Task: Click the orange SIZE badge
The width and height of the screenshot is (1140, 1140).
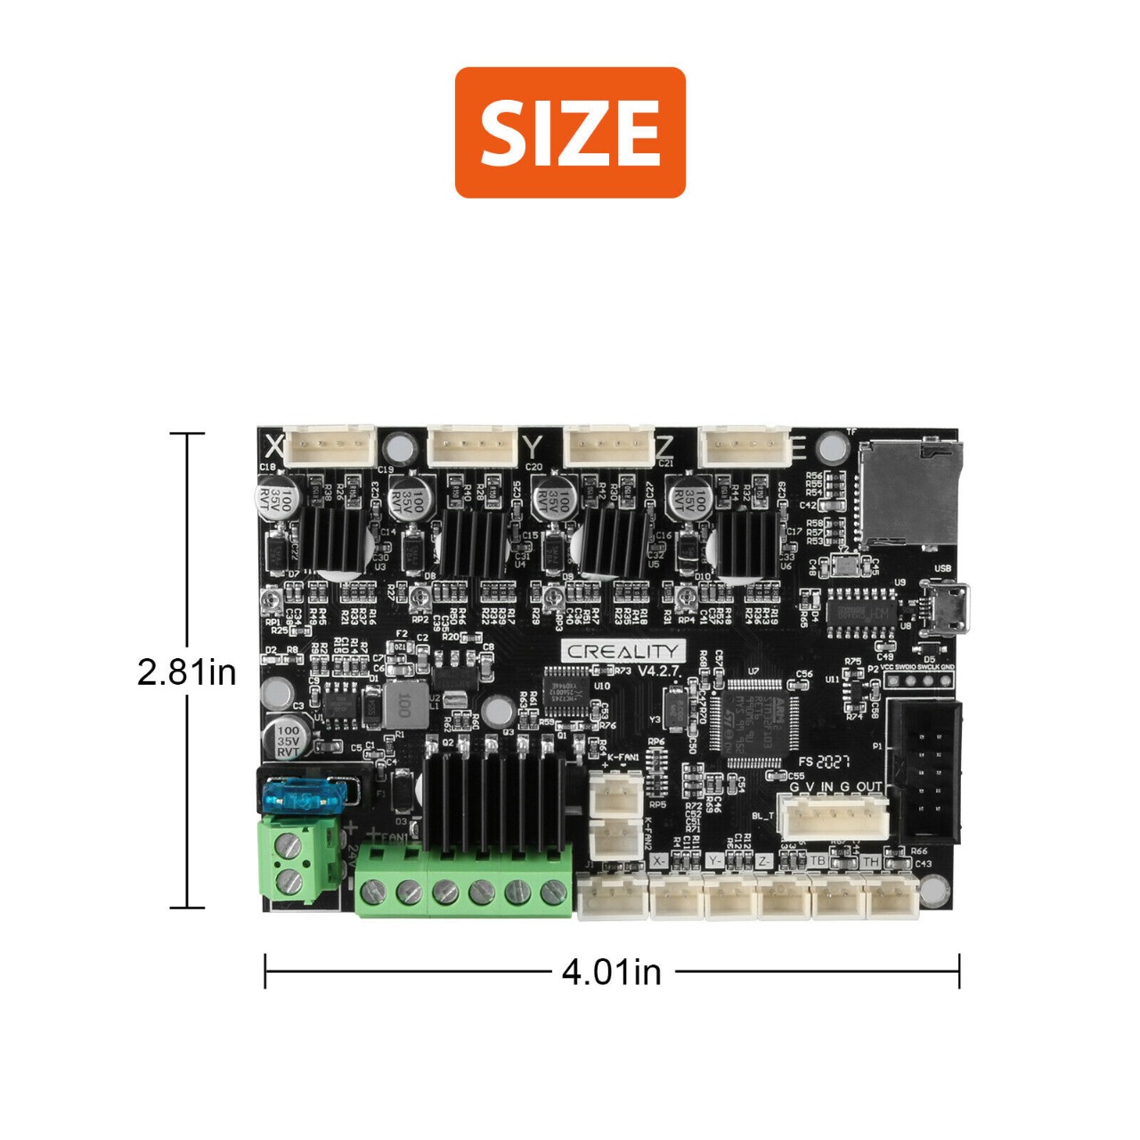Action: pos(570,132)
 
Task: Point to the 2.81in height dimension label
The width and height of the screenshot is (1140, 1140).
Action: pos(187,672)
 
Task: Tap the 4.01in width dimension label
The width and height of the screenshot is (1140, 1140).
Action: pos(612,971)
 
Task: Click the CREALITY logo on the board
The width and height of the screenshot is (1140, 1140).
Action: pos(623,651)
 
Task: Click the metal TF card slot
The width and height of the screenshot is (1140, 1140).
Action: pos(908,495)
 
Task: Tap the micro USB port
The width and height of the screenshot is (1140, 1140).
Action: pos(948,607)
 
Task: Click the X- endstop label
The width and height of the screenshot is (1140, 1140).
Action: pos(658,861)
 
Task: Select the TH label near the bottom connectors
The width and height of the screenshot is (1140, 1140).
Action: pos(870,861)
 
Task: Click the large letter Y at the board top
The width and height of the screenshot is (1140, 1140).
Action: pos(532,446)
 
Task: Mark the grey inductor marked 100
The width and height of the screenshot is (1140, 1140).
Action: pos(403,705)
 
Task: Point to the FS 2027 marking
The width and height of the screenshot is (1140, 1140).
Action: pos(824,762)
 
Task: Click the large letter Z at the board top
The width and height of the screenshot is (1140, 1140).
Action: pos(664,445)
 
